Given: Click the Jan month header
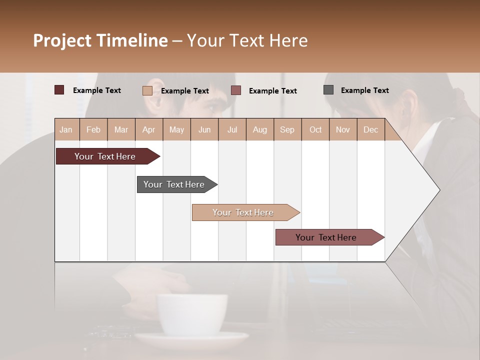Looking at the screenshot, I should click(66, 129).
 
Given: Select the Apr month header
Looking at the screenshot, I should click(148, 129).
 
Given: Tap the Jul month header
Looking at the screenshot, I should click(232, 129).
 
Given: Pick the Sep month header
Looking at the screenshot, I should click(287, 129).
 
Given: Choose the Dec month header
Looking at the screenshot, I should click(370, 129).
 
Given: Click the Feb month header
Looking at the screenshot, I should click(93, 129).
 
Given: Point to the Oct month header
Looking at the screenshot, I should click(315, 129).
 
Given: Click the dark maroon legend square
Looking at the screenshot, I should click(59, 90).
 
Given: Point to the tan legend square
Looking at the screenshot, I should click(147, 90).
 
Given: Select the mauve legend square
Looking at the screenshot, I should click(236, 90).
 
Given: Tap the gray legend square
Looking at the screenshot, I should click(328, 90).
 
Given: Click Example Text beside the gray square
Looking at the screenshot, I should click(364, 90).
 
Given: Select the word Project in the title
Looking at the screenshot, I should click(62, 40).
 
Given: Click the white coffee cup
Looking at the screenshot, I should click(192, 315).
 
